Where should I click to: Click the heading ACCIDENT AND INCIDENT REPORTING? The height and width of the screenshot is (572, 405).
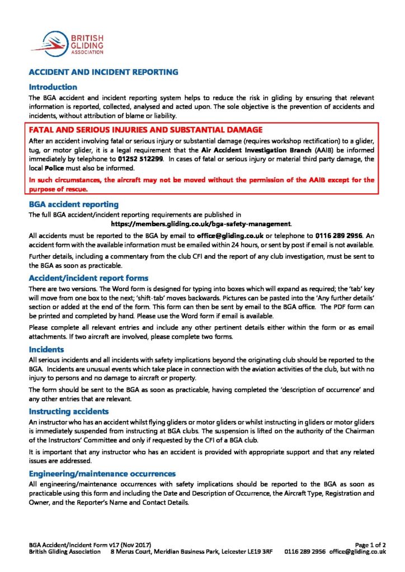pyautogui.click(x=103, y=72)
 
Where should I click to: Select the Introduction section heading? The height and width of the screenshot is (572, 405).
pyautogui.click(x=53, y=87)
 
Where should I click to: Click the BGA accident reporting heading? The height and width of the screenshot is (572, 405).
pyautogui.click(x=73, y=204)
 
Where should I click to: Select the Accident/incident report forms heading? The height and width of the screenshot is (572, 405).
pyautogui.click(x=88, y=278)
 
